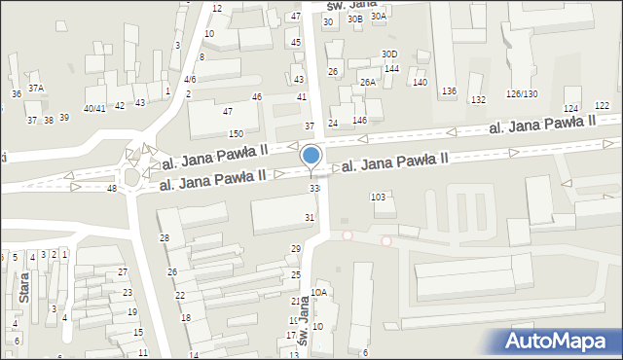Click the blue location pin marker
click(x=311, y=157)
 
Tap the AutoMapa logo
click(x=562, y=341)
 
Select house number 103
click(x=379, y=197)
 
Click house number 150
click(x=236, y=133)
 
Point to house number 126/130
click(x=522, y=93)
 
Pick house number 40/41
click(x=94, y=108)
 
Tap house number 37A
click(x=36, y=88)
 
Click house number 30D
click(x=389, y=54)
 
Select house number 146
click(x=360, y=120)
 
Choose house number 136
click(x=449, y=91)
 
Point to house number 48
click(x=112, y=188)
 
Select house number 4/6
click(x=190, y=79)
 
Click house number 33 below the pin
click(x=313, y=188)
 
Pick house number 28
click(x=165, y=238)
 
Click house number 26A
click(x=367, y=83)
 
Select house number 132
click(x=478, y=100)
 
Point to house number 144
click(x=391, y=69)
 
